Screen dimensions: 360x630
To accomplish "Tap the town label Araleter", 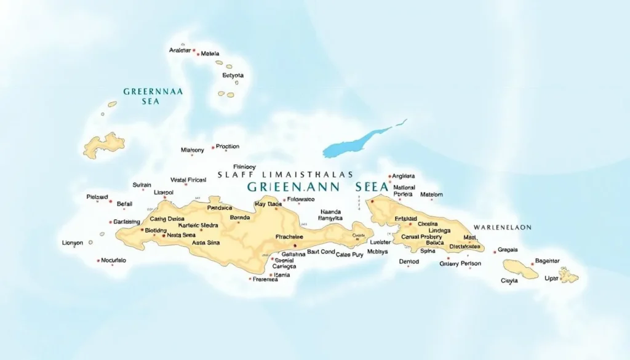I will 180,50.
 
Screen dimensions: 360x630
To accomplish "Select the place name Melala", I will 210,54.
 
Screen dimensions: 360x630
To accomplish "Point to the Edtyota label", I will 233,76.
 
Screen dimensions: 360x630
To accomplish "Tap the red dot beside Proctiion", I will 213,148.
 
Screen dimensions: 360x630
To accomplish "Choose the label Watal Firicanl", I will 188,180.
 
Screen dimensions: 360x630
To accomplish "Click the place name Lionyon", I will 73,243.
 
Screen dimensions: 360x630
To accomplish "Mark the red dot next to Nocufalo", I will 98,260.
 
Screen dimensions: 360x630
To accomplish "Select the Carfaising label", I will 127,222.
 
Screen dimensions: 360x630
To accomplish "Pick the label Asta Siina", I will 205,243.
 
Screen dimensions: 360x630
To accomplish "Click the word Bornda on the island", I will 239,218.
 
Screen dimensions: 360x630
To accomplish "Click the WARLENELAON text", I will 502,227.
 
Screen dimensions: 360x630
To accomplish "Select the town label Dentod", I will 409,262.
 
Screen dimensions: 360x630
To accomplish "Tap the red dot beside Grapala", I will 495,252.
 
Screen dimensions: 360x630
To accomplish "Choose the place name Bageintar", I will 547,261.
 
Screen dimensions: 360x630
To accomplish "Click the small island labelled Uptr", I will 568,275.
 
